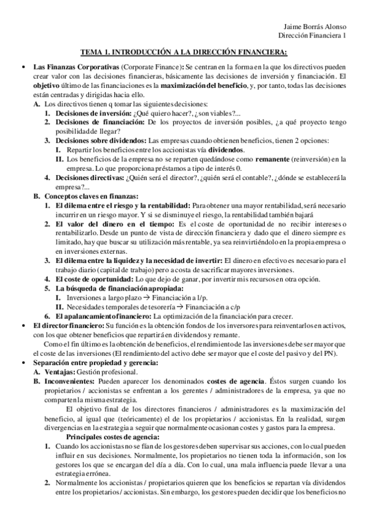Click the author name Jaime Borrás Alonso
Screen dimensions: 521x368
317,26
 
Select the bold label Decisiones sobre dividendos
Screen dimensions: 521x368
101,140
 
